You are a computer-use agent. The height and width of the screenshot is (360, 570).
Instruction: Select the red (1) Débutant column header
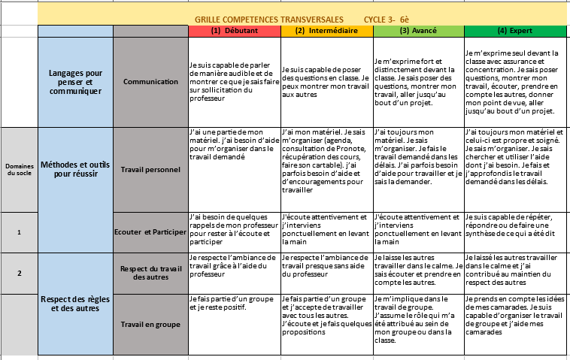point(234,31)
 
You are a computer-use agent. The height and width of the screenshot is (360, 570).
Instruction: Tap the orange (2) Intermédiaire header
point(326,31)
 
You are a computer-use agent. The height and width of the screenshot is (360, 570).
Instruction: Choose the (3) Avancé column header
point(418,31)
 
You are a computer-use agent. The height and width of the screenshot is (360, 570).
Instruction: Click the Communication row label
point(150,81)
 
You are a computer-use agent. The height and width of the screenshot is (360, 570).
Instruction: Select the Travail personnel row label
point(150,170)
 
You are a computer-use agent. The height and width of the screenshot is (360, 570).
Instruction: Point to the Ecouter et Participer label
point(150,233)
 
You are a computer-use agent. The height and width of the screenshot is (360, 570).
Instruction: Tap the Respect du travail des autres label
point(150,273)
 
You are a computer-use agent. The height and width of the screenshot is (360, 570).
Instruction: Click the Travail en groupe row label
point(150,325)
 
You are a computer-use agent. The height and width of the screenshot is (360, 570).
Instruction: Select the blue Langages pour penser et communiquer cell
point(74,81)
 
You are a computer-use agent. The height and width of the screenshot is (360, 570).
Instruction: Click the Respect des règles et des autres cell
point(74,304)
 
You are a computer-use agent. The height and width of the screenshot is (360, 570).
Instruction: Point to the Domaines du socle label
point(19,169)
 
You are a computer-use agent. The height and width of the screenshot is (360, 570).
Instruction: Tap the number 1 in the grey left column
point(19,233)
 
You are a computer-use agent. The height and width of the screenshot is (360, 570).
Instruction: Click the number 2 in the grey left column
point(19,273)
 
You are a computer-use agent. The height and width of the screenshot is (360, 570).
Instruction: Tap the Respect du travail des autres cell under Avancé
point(418,273)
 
